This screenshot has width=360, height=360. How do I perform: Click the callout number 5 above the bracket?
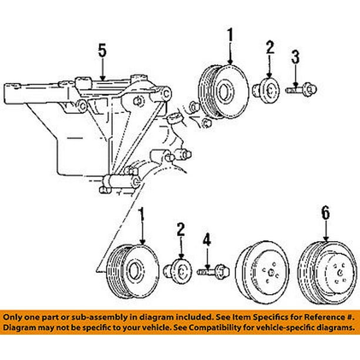coord(102,51)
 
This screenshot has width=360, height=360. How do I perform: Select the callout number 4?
coord(207,239)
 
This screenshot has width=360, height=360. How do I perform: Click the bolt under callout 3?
coord(302,90)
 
